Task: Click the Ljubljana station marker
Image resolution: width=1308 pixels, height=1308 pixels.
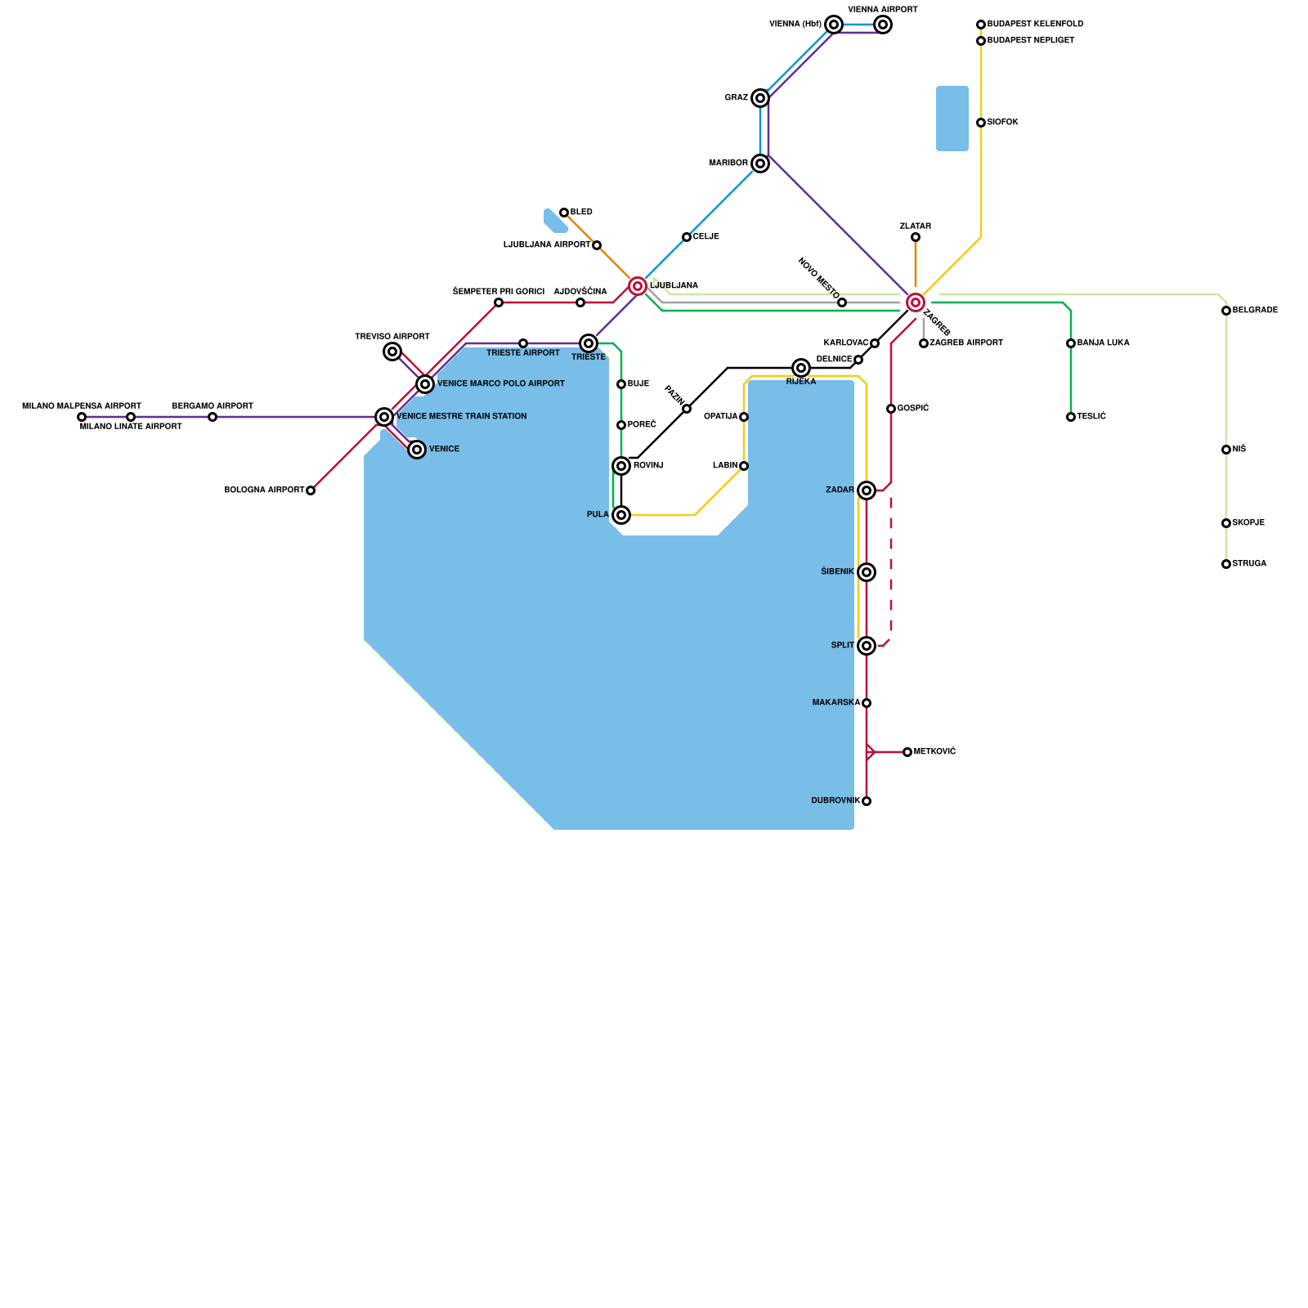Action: (x=638, y=286)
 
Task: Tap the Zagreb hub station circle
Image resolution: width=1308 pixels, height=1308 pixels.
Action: (x=916, y=302)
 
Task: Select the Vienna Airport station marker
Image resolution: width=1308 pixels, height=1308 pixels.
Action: (x=883, y=25)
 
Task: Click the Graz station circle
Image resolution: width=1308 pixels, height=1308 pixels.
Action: (x=760, y=98)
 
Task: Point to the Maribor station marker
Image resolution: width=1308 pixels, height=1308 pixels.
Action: (x=760, y=163)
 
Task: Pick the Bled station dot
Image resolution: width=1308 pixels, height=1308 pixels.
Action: (x=564, y=213)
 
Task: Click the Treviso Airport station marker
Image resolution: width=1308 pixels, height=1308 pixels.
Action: (x=392, y=352)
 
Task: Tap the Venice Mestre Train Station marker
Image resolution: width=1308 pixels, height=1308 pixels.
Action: (x=384, y=417)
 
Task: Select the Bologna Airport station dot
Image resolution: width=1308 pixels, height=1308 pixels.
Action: (x=311, y=490)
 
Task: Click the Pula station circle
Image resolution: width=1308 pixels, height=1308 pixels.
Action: (x=621, y=515)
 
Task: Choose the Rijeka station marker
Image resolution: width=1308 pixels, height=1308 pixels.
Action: (x=801, y=368)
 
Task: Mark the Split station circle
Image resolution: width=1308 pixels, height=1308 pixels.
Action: (x=867, y=646)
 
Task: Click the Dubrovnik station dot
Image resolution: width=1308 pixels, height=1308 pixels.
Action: (x=867, y=801)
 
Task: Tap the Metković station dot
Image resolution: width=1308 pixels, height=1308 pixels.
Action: (x=907, y=752)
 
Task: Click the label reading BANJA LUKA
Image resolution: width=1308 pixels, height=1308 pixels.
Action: (x=1103, y=343)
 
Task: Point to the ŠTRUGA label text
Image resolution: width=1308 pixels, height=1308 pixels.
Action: (x=1249, y=564)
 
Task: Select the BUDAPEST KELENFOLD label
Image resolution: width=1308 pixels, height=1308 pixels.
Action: (x=1035, y=25)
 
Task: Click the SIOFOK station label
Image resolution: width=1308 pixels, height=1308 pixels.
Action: (x=1002, y=123)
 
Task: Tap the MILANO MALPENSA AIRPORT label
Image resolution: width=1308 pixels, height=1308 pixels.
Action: (x=82, y=406)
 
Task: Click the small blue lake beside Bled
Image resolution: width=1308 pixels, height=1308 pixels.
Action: (x=554, y=221)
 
